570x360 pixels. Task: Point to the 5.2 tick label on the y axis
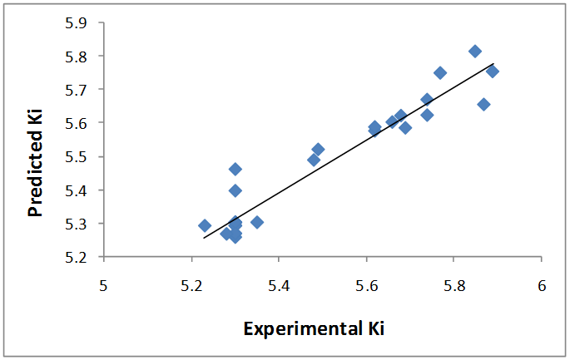(77, 257)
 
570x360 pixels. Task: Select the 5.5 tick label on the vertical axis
(77, 156)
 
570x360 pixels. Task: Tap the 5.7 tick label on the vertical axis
(77, 89)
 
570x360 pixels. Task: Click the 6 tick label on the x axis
(542, 284)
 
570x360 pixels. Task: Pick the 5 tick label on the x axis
(104, 284)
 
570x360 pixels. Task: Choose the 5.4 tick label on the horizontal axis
(279, 284)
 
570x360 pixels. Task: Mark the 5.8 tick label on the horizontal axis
(454, 284)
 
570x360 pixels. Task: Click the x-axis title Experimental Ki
(314, 328)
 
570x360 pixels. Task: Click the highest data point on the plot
(475, 52)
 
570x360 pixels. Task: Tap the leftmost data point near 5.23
(205, 225)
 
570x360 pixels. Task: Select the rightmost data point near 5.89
(493, 72)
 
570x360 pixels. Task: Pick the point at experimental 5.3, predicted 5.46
(235, 170)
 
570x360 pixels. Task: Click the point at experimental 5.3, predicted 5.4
(235, 190)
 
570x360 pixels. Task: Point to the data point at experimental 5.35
(257, 222)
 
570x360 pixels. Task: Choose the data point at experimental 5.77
(440, 73)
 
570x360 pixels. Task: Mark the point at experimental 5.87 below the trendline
(483, 104)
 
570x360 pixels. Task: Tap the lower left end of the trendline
(204, 238)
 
